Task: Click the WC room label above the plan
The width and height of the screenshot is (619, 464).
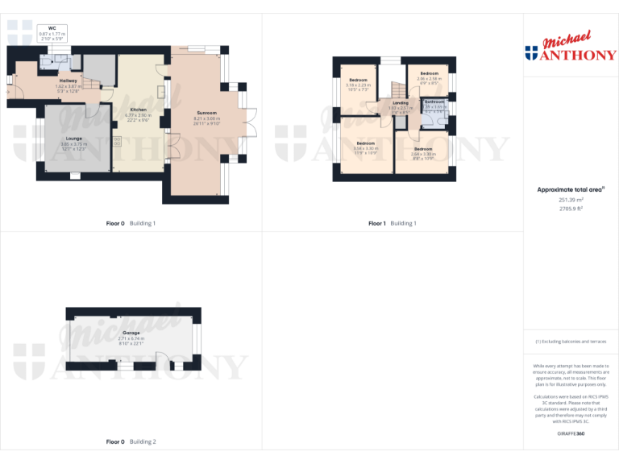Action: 52,27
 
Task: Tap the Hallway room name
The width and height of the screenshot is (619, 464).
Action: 68,81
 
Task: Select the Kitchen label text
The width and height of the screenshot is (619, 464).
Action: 138,109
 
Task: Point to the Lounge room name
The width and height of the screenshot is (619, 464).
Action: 74,138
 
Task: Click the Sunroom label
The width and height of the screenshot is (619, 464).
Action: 206,113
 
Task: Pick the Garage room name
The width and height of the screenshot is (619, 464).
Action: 131,333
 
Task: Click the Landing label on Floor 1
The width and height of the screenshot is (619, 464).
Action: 401,103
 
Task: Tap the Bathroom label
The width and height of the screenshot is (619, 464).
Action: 435,101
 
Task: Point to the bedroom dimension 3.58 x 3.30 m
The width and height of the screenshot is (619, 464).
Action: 365,148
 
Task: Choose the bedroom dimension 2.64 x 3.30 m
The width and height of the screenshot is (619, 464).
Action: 423,153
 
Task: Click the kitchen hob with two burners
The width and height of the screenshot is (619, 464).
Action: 118,142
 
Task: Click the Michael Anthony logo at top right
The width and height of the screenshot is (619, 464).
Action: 571,48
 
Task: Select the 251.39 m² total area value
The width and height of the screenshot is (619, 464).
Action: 571,200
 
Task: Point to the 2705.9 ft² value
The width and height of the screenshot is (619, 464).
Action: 571,209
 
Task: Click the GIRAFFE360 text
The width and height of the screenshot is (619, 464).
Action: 571,433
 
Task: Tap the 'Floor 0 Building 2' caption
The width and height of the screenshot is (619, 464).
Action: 131,442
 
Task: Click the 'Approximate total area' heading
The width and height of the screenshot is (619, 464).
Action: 570,190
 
